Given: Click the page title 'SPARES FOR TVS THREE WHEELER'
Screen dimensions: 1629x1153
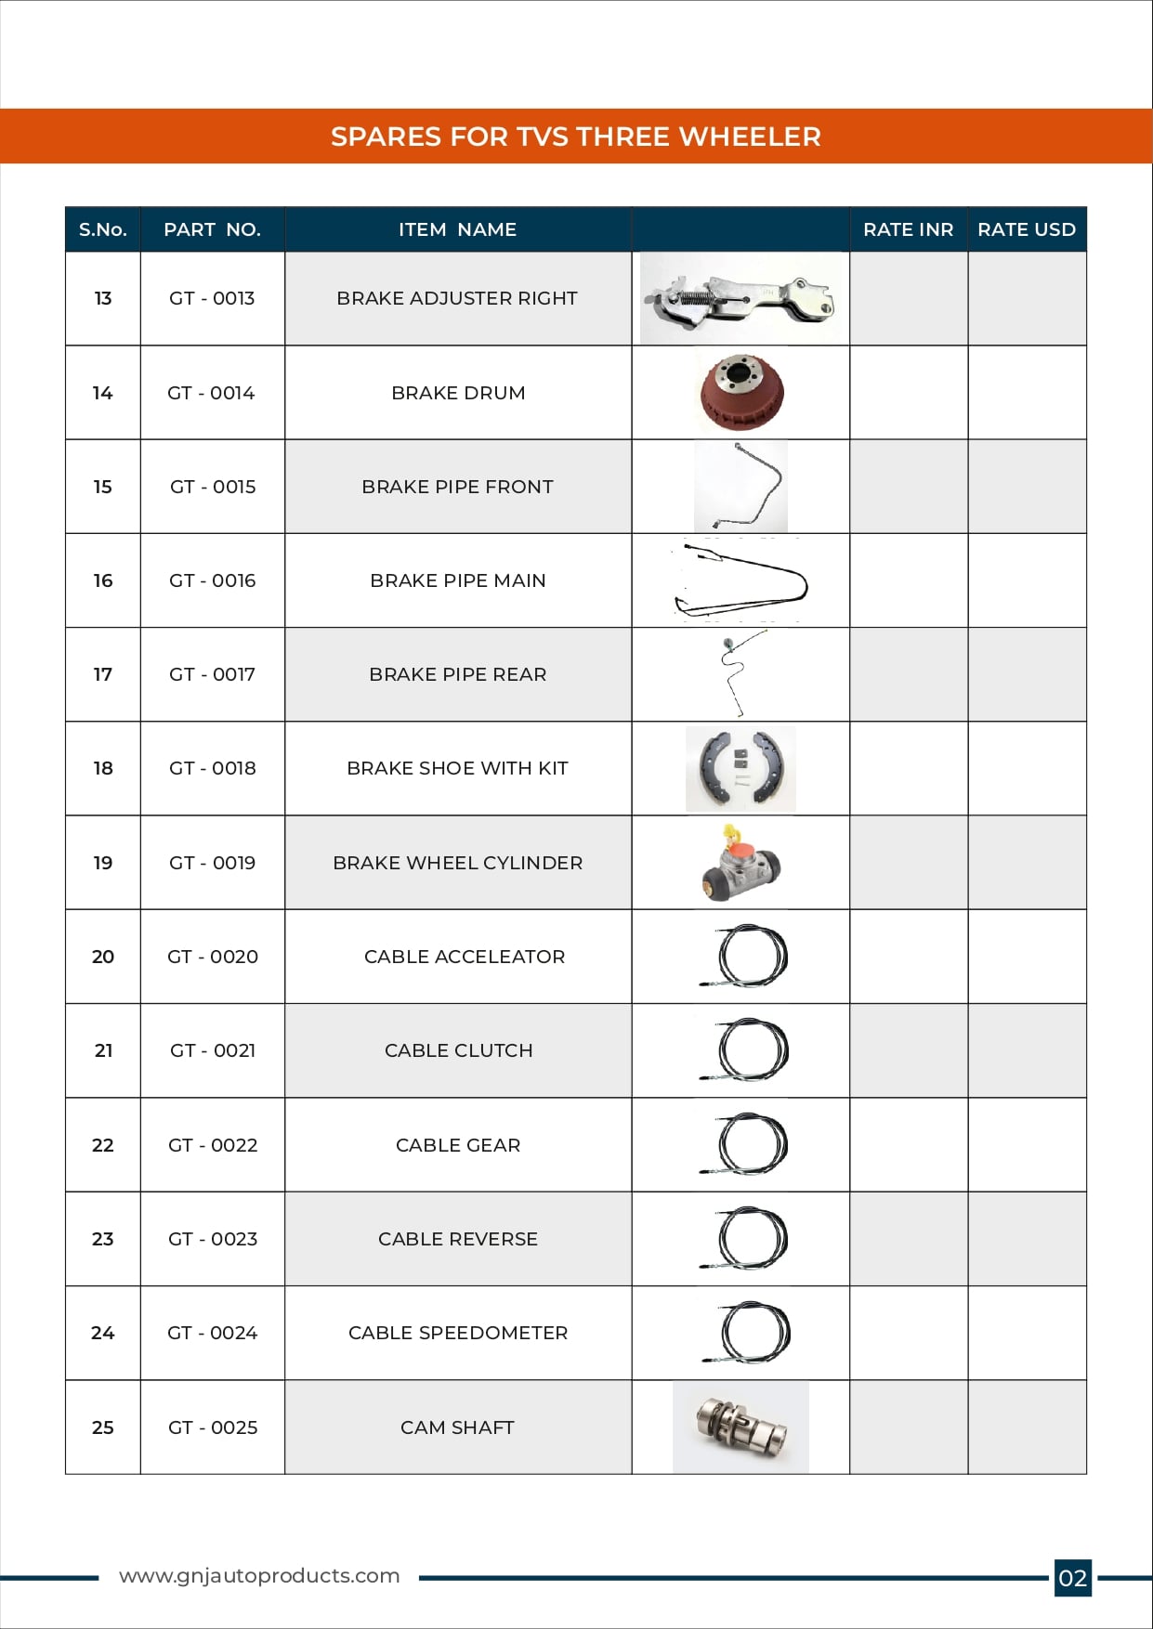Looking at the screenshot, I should tap(575, 137).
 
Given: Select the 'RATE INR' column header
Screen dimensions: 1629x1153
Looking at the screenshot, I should tap(908, 229).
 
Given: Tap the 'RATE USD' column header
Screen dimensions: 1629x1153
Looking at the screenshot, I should tap(1026, 229).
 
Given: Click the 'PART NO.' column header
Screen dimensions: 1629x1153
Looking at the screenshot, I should tap(212, 229).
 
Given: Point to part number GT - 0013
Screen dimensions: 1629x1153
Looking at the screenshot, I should tap(212, 298).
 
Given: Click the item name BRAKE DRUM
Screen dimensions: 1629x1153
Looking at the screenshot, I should tap(458, 393).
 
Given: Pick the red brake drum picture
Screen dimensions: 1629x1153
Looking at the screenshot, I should tap(741, 392).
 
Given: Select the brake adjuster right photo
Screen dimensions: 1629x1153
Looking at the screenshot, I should tap(740, 299).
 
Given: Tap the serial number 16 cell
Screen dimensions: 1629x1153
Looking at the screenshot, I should tap(103, 580).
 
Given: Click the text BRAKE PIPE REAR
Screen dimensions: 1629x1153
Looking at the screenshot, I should tap(457, 674).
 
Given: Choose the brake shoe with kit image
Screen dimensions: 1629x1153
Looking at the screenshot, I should tap(740, 768).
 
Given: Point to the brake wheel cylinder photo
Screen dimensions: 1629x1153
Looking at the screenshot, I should tap(740, 864).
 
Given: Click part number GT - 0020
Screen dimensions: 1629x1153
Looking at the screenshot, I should tap(212, 957).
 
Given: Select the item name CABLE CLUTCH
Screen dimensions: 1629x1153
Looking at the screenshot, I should tap(458, 1050).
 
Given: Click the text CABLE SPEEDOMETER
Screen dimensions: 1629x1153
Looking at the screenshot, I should tap(457, 1333).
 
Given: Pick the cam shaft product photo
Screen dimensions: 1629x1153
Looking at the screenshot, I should tap(740, 1427).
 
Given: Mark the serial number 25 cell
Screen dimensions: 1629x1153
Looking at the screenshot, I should tap(103, 1427).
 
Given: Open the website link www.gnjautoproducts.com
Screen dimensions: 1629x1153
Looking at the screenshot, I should tap(259, 1576).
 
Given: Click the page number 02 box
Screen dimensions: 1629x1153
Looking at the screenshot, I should tap(1072, 1578).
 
